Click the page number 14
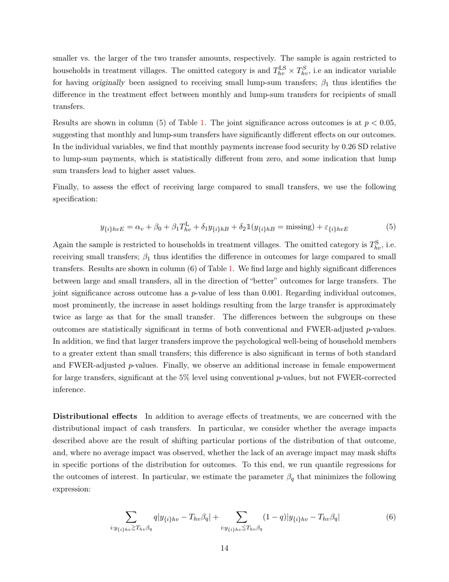point(224,548)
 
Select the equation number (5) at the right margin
point(391,226)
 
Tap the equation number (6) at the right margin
point(391,517)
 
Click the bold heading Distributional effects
point(95,416)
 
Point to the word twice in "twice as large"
point(61,317)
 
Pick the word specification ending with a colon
point(75,199)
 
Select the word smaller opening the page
point(66,58)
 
